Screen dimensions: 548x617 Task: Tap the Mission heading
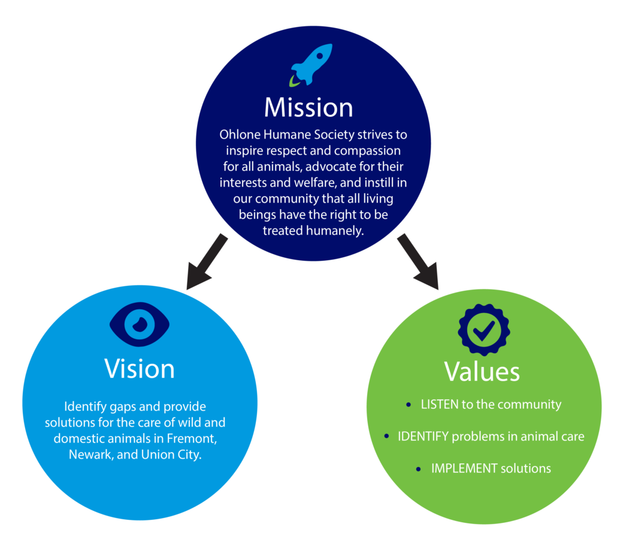(308, 107)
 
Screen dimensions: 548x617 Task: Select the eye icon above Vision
(140, 324)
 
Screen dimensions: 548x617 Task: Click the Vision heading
(140, 368)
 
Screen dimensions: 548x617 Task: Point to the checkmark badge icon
(483, 329)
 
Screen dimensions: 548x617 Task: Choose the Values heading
(482, 371)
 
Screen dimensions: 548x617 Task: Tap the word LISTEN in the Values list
(440, 405)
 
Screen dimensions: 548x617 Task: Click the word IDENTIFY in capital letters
(423, 436)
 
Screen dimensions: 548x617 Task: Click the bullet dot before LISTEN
(409, 405)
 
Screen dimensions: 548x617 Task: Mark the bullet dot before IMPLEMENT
(418, 469)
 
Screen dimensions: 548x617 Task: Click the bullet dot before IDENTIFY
(386, 437)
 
